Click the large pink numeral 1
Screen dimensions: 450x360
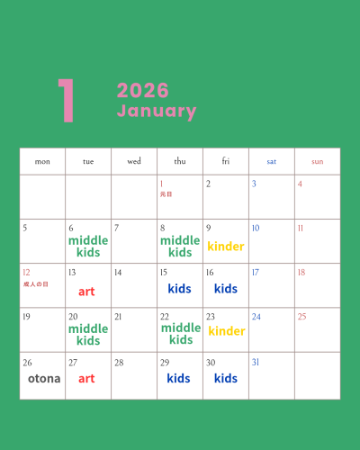pyautogui.click(x=65, y=101)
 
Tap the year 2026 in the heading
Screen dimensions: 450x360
pyautogui.click(x=142, y=91)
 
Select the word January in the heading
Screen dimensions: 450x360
pyautogui.click(x=156, y=112)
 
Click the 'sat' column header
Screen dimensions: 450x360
pyautogui.click(x=271, y=162)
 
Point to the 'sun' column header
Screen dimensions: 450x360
pyautogui.click(x=317, y=162)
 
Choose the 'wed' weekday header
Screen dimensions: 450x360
pyautogui.click(x=134, y=162)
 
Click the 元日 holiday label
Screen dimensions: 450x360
pyautogui.click(x=166, y=193)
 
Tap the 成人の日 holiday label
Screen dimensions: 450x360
pyautogui.click(x=36, y=283)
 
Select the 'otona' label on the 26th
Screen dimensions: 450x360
pyautogui.click(x=44, y=379)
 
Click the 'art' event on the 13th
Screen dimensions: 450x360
pyautogui.click(x=86, y=292)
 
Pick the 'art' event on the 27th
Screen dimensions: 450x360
pyautogui.click(x=86, y=379)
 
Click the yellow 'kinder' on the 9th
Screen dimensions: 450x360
pyautogui.click(x=226, y=247)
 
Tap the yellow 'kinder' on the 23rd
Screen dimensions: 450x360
pyautogui.click(x=226, y=331)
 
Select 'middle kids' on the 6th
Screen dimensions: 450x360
pyautogui.click(x=88, y=247)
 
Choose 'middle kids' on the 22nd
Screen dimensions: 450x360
pyautogui.click(x=180, y=334)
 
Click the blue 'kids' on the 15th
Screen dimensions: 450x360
pyautogui.click(x=180, y=289)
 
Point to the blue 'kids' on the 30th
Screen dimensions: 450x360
pyautogui.click(x=226, y=379)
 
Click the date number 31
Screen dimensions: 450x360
pyautogui.click(x=256, y=363)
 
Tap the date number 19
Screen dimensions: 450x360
pyautogui.click(x=26, y=317)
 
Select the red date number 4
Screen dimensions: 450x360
pyautogui.click(x=300, y=184)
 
